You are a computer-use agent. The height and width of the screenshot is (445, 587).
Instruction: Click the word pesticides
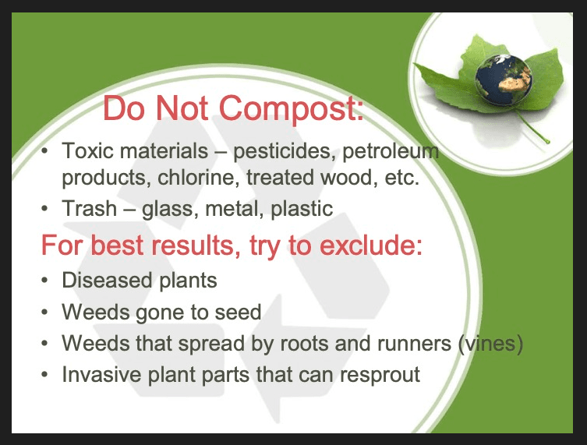tap(278, 150)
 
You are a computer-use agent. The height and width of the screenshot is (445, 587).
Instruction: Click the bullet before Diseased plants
tap(46, 280)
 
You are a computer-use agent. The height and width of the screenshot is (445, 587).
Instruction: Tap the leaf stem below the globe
tap(531, 129)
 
